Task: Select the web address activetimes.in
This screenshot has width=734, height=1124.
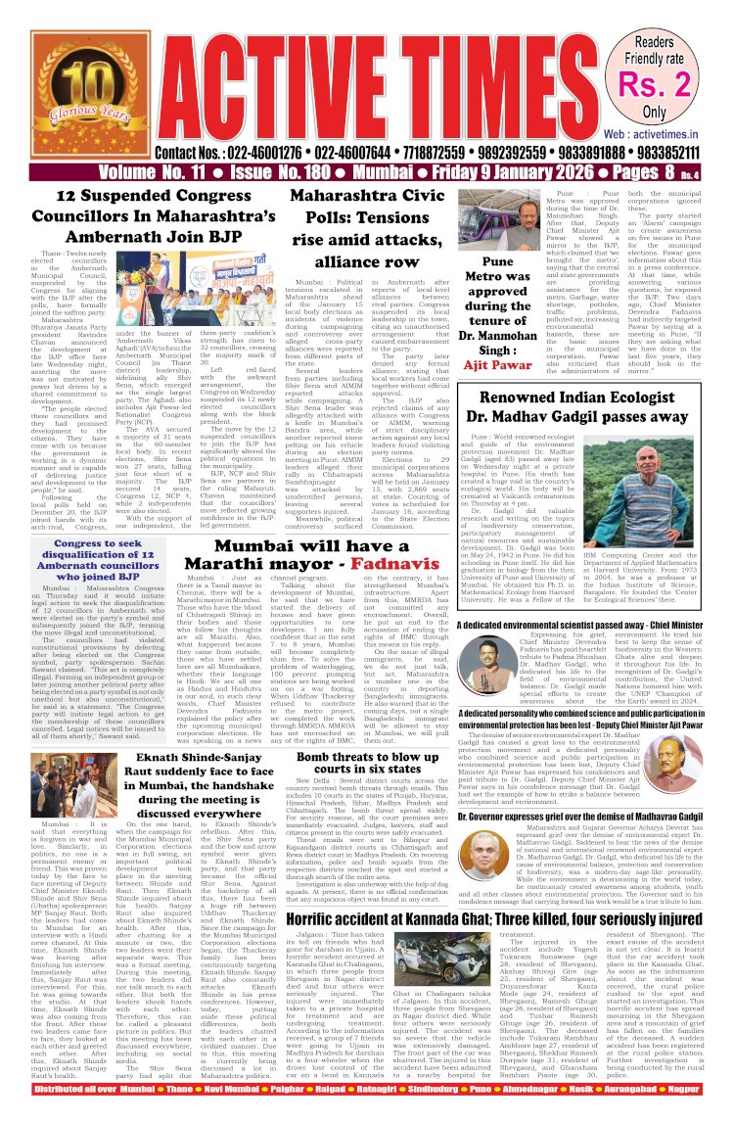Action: [669, 132]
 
